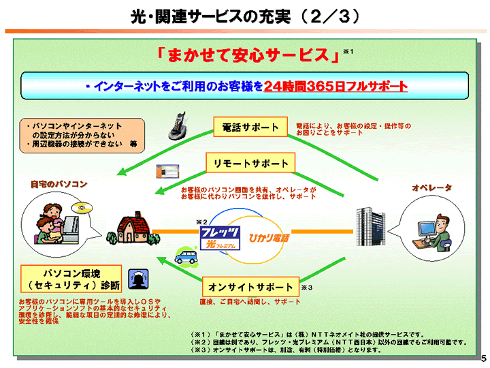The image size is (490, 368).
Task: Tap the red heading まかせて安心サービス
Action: point(248,55)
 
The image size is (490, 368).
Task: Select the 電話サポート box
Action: point(250,127)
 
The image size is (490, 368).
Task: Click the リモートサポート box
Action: point(250,164)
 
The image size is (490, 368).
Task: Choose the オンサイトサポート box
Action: point(250,287)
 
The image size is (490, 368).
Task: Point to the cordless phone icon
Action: point(179,125)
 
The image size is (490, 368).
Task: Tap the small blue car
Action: point(186,255)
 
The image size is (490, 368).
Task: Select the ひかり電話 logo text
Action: point(269,239)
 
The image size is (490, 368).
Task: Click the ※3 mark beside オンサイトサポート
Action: point(306,288)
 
